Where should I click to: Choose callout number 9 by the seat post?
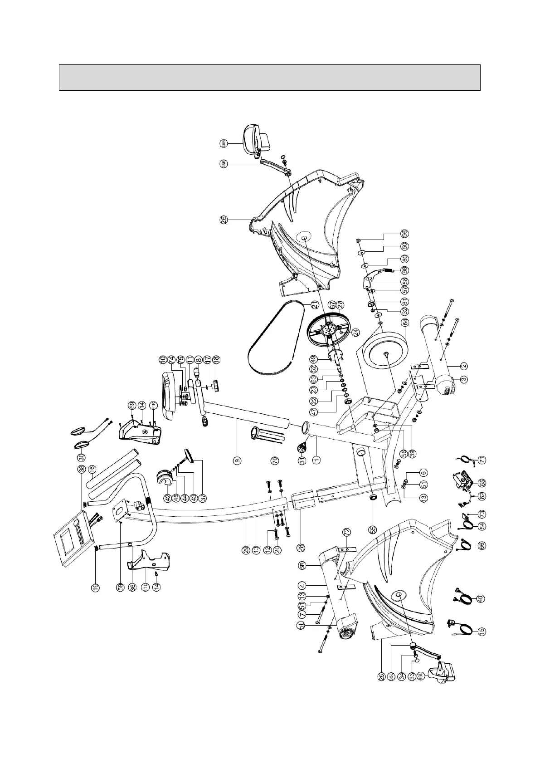point(237,460)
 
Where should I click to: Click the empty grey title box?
point(269,77)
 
